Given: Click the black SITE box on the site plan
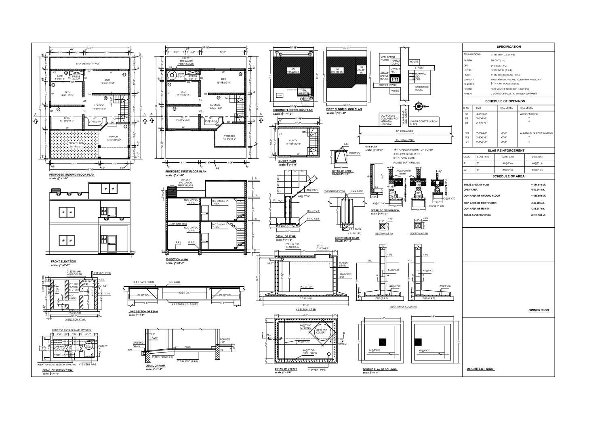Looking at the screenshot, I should tap(395, 80).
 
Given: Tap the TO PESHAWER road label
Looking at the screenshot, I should tap(404, 132).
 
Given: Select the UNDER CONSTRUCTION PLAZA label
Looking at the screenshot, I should tap(423, 123).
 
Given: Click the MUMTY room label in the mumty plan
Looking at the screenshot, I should tap(293, 141).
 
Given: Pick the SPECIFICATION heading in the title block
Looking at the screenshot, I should tap(509, 47).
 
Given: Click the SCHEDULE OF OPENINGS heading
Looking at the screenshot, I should tap(509, 101).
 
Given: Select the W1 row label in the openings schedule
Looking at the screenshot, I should tap(467, 133).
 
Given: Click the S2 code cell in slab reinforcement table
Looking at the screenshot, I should tap(466, 170).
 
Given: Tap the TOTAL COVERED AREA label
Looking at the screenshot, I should tap(477, 215).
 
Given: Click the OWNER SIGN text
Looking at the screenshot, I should tap(539, 311).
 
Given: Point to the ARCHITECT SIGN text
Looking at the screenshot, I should tap(480, 369).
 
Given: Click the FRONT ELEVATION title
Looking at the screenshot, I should tap(63, 262).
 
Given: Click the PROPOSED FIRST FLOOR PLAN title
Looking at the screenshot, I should tap(185, 172).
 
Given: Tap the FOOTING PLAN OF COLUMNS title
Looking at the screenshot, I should tap(380, 369).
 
